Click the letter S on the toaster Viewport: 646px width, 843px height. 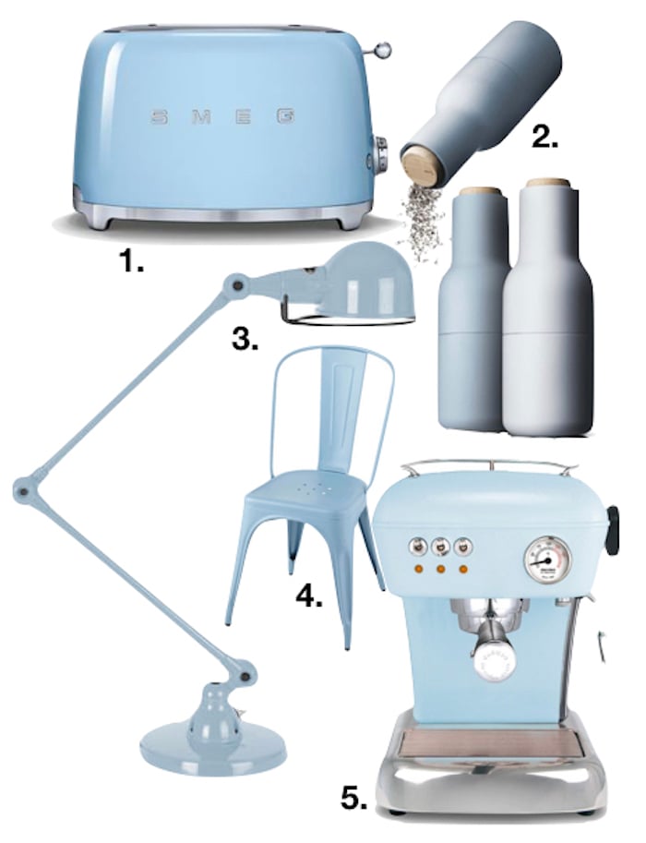point(156,118)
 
